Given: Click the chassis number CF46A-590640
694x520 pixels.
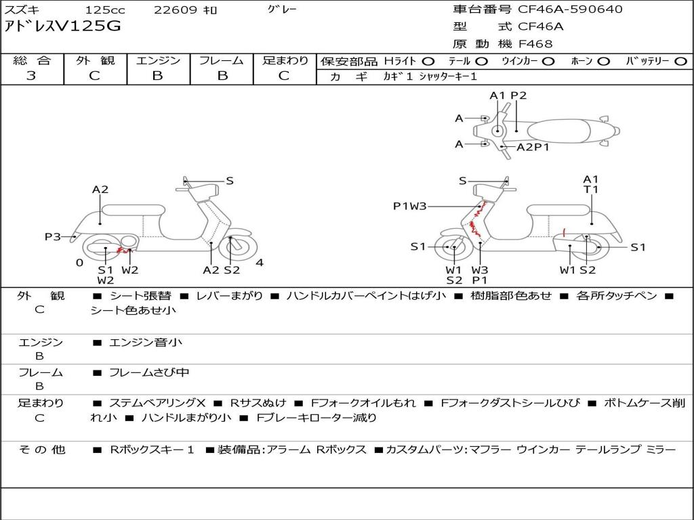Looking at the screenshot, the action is [x=570, y=9].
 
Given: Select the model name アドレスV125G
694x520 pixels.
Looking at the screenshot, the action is [x=62, y=26].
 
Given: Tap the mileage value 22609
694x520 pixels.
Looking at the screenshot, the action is [x=171, y=9].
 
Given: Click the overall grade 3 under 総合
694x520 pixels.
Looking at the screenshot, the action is [x=31, y=76].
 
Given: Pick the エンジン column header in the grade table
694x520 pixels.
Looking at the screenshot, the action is [x=158, y=60].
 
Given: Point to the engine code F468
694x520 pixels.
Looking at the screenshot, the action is [x=535, y=44].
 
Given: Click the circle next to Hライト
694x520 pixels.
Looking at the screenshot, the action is [x=428, y=62].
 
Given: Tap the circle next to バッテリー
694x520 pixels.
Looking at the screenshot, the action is [x=680, y=62].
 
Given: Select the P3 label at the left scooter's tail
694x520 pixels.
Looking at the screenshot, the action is [x=52, y=237].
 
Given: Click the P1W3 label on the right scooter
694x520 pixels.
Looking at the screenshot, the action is [x=409, y=206].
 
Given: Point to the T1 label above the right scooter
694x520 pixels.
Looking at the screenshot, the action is [x=590, y=190].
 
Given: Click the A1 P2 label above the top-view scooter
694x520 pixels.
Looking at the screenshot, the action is [x=508, y=95].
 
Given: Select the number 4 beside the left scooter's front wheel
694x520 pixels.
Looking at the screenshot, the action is [x=260, y=263].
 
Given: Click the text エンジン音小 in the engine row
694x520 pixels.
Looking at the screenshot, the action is [x=145, y=342].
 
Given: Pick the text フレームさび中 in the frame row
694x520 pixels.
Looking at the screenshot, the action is [x=149, y=373].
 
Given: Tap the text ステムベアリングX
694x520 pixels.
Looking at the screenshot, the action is [x=157, y=403].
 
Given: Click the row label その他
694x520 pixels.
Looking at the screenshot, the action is [x=42, y=450].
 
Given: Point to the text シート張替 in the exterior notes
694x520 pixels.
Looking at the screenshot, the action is [x=140, y=296].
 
